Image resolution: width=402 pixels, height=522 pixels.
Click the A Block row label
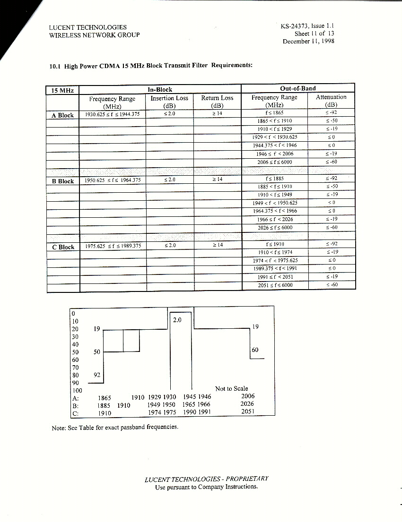point(62,115)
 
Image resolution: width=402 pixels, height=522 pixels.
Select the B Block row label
point(62,181)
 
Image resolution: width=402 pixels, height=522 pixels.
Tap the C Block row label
point(63,247)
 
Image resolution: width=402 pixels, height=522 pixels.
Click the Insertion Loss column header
point(169,102)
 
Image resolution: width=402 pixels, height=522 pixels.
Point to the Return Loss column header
point(217,102)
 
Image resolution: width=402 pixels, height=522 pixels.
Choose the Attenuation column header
point(331,101)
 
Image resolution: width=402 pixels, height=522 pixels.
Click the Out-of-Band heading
point(297,88)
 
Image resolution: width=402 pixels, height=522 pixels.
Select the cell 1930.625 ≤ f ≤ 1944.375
point(112,114)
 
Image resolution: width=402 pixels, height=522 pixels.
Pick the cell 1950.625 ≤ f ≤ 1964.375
point(112,180)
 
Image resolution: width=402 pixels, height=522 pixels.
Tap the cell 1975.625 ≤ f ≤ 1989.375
point(112,246)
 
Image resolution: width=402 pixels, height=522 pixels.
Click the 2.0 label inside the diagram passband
point(178,320)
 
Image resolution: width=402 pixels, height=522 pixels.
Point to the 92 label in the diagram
point(97,375)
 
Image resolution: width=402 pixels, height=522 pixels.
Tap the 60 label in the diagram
point(255,350)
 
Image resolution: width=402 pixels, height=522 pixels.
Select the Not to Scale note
point(231,388)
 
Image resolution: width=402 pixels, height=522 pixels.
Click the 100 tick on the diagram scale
point(77,391)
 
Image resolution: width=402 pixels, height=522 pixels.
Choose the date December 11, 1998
point(308,41)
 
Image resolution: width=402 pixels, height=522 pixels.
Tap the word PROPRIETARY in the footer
point(245,479)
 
